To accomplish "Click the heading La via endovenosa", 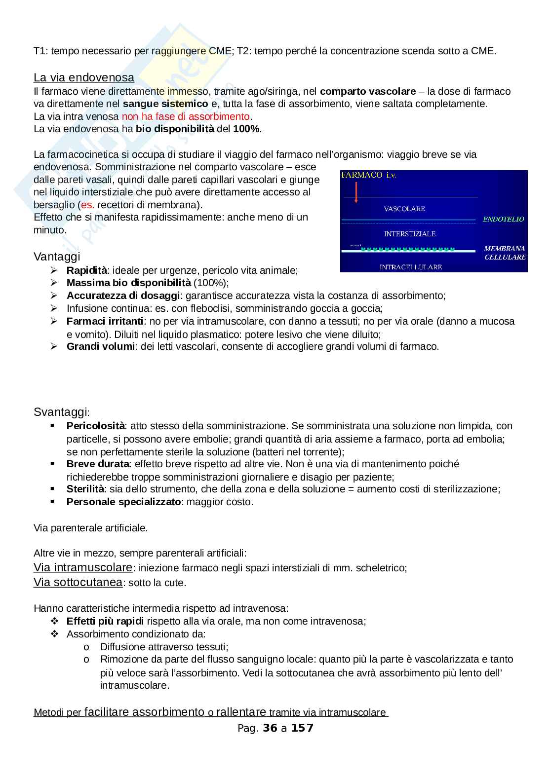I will [83, 77].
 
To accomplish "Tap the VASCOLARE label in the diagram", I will [404, 209].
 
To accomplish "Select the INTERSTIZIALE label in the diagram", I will [409, 233].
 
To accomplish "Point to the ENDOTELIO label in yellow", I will [503, 219].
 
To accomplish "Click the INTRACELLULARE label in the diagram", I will [410, 267].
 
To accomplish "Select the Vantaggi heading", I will [57, 257].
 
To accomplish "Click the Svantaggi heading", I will [61, 412].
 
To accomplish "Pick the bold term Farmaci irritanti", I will [105, 321].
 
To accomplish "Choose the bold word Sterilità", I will [85, 489].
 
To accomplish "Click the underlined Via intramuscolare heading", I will [83, 567].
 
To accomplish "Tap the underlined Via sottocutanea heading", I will [78, 582].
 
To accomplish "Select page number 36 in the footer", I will [270, 728].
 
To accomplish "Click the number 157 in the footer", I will [302, 728].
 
